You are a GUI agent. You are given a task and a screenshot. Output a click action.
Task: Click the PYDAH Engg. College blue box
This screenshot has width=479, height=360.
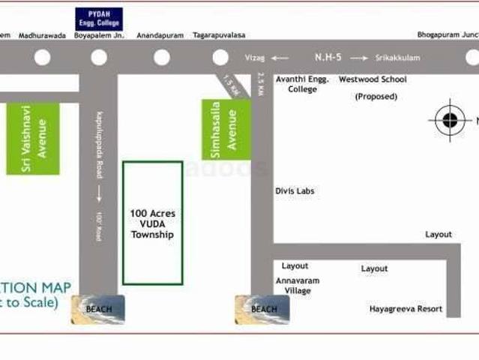[x=99, y=19]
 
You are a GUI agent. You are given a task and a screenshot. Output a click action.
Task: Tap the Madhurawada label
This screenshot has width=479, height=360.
[x=42, y=35]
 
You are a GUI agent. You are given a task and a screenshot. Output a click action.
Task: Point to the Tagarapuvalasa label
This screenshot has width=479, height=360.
[x=220, y=35]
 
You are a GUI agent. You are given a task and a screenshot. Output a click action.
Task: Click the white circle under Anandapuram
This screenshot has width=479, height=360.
[x=162, y=58]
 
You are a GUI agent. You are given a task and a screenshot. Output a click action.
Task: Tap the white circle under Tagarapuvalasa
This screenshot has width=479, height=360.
[x=220, y=58]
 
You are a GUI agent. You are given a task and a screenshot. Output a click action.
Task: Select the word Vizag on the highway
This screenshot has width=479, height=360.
[x=256, y=58]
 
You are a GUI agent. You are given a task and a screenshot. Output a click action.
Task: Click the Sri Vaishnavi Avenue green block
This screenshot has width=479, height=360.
[x=33, y=139]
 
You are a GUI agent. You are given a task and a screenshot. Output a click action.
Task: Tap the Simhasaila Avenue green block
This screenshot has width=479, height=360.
[x=225, y=129]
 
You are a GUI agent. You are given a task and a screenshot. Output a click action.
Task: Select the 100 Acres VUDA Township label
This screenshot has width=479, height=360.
[x=152, y=223]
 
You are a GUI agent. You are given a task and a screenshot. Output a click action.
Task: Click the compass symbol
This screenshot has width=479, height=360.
[x=450, y=120]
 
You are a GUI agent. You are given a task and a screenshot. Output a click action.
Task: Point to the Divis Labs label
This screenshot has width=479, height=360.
[x=295, y=191]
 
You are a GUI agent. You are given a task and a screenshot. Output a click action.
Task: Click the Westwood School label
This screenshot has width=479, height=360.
[x=373, y=79]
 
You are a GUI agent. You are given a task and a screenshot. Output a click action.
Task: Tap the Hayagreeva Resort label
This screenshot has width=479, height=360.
[x=406, y=308]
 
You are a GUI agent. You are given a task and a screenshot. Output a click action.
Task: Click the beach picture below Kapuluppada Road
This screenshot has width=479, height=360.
[x=98, y=309]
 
